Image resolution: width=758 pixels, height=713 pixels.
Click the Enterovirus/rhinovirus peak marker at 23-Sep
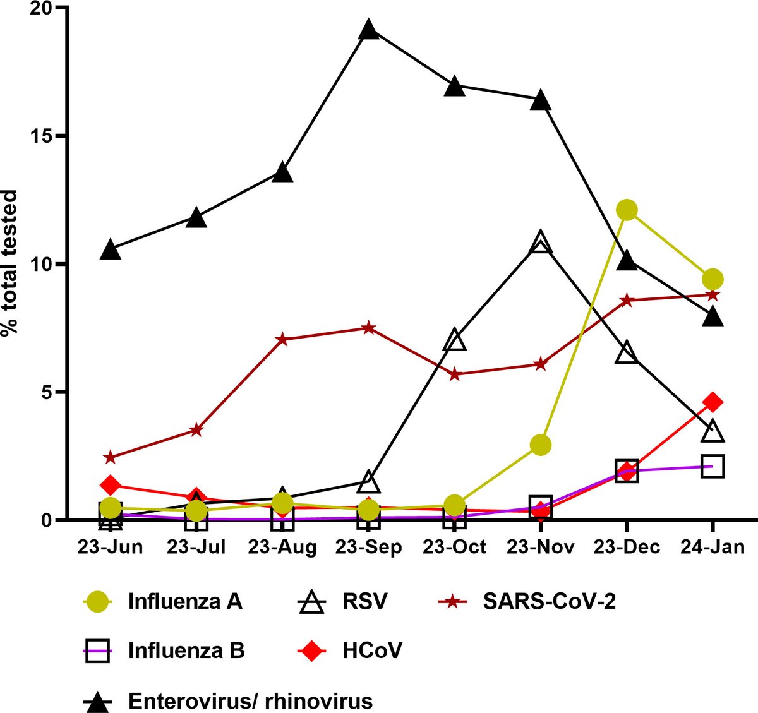(370, 30)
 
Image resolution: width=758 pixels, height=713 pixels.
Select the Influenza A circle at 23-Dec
(627, 210)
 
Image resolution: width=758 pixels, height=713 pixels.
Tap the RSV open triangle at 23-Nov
(540, 243)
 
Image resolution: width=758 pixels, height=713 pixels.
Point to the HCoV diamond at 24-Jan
(713, 402)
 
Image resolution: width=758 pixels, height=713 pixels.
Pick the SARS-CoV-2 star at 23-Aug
(282, 340)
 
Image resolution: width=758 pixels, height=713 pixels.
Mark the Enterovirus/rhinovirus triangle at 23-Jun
(111, 249)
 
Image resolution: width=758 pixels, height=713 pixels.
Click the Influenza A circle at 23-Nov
(541, 445)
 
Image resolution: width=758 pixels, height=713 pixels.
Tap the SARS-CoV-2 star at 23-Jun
(111, 457)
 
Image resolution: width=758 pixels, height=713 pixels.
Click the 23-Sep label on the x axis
(370, 547)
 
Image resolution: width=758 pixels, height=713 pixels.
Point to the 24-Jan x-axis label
(713, 547)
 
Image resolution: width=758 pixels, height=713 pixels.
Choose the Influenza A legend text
(185, 602)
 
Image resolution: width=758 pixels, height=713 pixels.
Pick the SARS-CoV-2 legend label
(549, 602)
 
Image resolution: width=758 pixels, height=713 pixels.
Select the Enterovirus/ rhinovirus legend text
(250, 700)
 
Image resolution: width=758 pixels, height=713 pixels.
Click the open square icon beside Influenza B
(98, 650)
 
